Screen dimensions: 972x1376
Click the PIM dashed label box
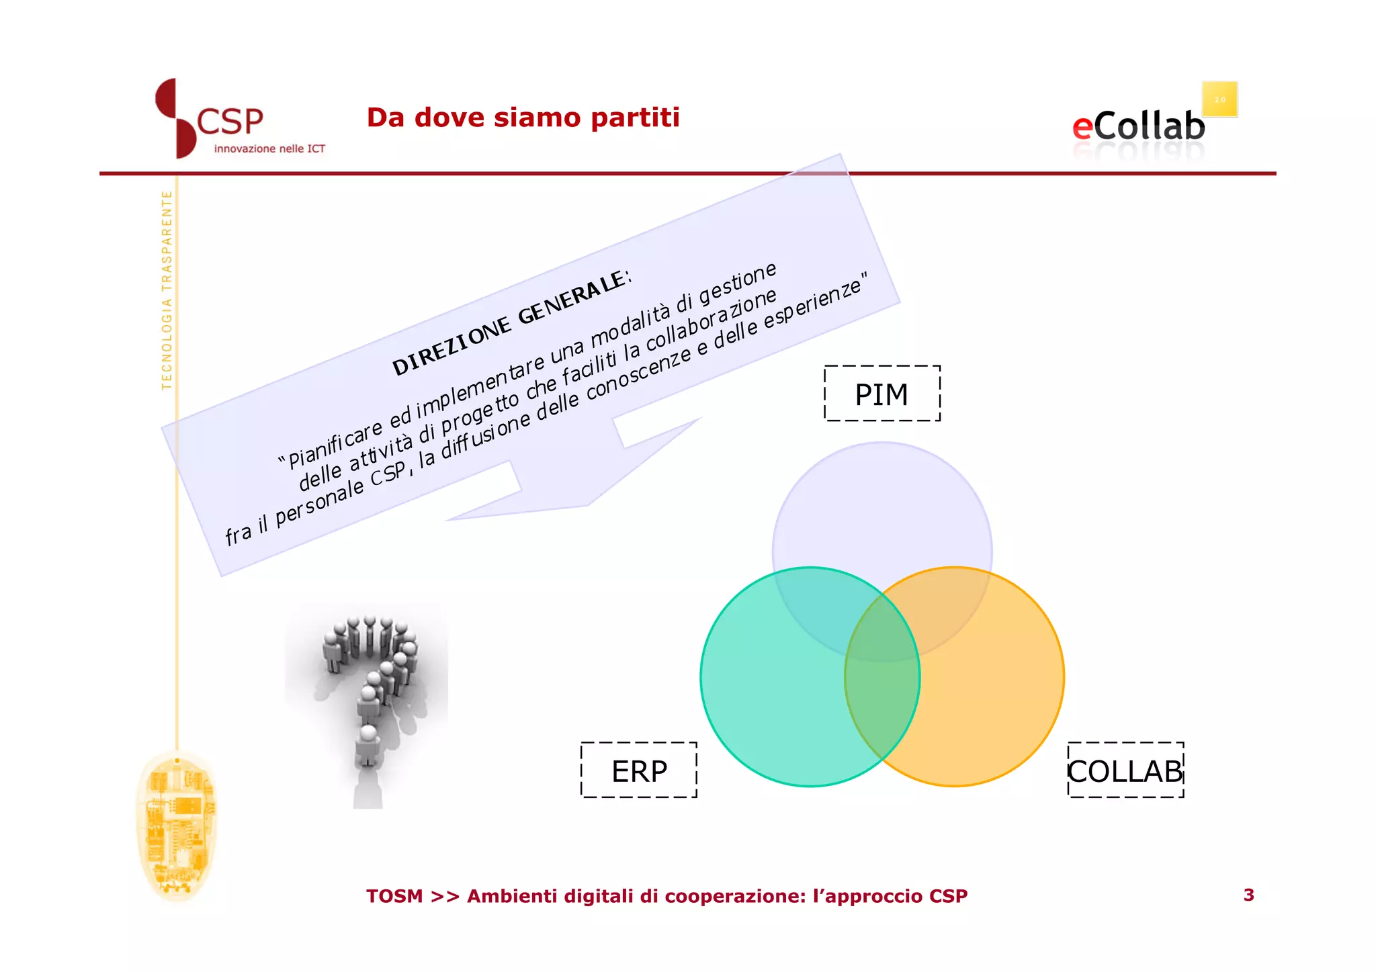coord(881,394)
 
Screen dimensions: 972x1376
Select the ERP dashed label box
coord(638,770)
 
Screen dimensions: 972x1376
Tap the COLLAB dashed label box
coord(1125,770)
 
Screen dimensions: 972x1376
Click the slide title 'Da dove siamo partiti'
coord(523,118)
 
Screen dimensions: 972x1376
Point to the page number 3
coord(1248,895)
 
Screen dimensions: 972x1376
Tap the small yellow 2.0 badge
coord(1219,99)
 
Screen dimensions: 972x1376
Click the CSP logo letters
coord(230,122)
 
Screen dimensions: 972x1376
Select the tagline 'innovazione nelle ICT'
coord(269,148)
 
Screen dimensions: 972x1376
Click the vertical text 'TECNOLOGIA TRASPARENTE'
coord(167,290)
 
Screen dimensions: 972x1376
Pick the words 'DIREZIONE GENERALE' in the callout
coord(511,323)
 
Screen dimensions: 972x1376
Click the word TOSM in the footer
coord(394,896)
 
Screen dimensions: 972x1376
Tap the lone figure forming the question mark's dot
coord(368,746)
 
